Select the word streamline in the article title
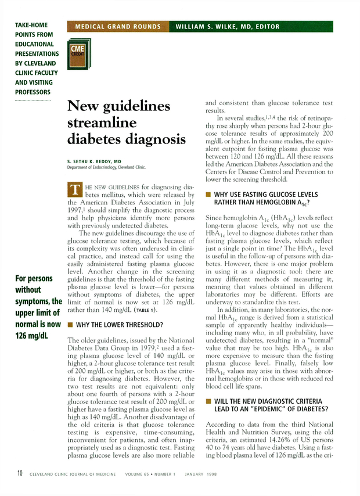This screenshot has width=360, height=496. (103, 123)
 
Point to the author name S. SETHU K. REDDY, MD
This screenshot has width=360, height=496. (94, 161)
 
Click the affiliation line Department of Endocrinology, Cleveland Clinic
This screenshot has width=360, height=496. (106, 167)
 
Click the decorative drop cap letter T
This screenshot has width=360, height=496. (74, 189)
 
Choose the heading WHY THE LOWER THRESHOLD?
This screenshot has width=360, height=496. (120, 324)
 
